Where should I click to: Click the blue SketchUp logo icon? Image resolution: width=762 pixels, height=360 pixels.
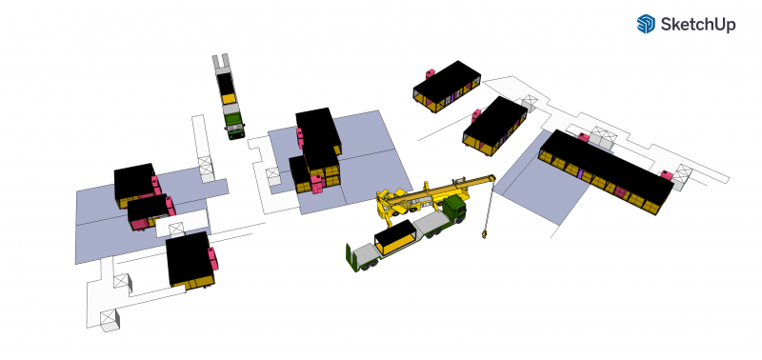click(646, 24)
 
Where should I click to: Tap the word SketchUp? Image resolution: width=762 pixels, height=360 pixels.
click(698, 25)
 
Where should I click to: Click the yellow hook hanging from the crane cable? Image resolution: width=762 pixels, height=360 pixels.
click(484, 234)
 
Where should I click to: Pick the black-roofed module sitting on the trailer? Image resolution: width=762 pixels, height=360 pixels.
click(394, 237)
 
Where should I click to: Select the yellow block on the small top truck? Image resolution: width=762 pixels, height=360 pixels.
click(229, 99)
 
